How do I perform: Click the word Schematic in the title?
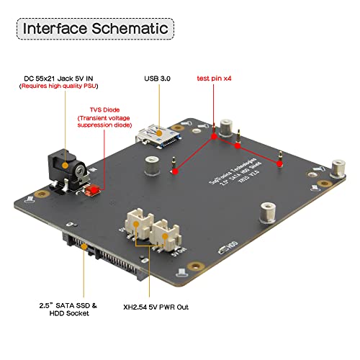pos(129,29)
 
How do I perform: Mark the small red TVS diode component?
pos(91,192)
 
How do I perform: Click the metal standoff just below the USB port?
pos(150,165)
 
